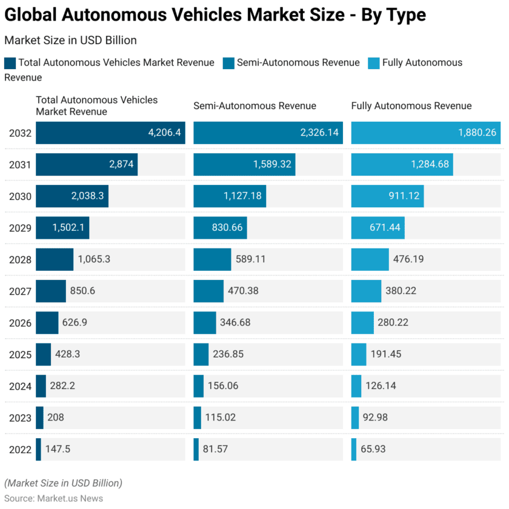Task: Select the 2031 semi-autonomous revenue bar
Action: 244,164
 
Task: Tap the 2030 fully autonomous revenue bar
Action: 387,196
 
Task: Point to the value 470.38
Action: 243,291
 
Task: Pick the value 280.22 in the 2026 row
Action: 401,322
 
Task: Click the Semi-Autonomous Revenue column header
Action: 254,106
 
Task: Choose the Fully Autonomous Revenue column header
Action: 411,106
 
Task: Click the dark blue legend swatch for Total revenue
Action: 10,62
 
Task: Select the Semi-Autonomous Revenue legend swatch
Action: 228,62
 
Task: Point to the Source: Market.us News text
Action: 53,497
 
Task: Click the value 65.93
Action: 373,449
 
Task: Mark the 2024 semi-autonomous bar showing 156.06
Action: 198,386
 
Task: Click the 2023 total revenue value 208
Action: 56,418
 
